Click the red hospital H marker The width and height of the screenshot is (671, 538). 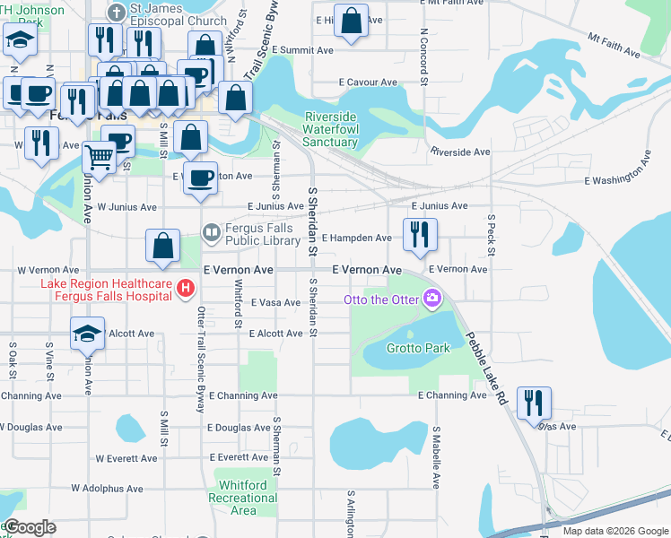pos(185,289)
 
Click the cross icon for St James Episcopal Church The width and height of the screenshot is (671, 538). pos(116,13)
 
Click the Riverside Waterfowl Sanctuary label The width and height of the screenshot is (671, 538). pos(330,129)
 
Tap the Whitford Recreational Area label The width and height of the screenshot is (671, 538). pos(237,498)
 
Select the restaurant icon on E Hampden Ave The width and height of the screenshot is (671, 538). pos(420,235)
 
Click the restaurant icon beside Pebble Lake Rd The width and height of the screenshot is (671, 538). pos(535,403)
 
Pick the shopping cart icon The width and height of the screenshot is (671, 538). pos(99,157)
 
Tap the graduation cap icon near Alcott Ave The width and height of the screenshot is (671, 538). pos(88,334)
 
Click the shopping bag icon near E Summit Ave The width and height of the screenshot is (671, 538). pos(351,21)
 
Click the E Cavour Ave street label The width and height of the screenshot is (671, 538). pos(368,82)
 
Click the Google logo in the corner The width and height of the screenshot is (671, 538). pos(29,527)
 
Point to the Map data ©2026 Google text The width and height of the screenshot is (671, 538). pos(614,531)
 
